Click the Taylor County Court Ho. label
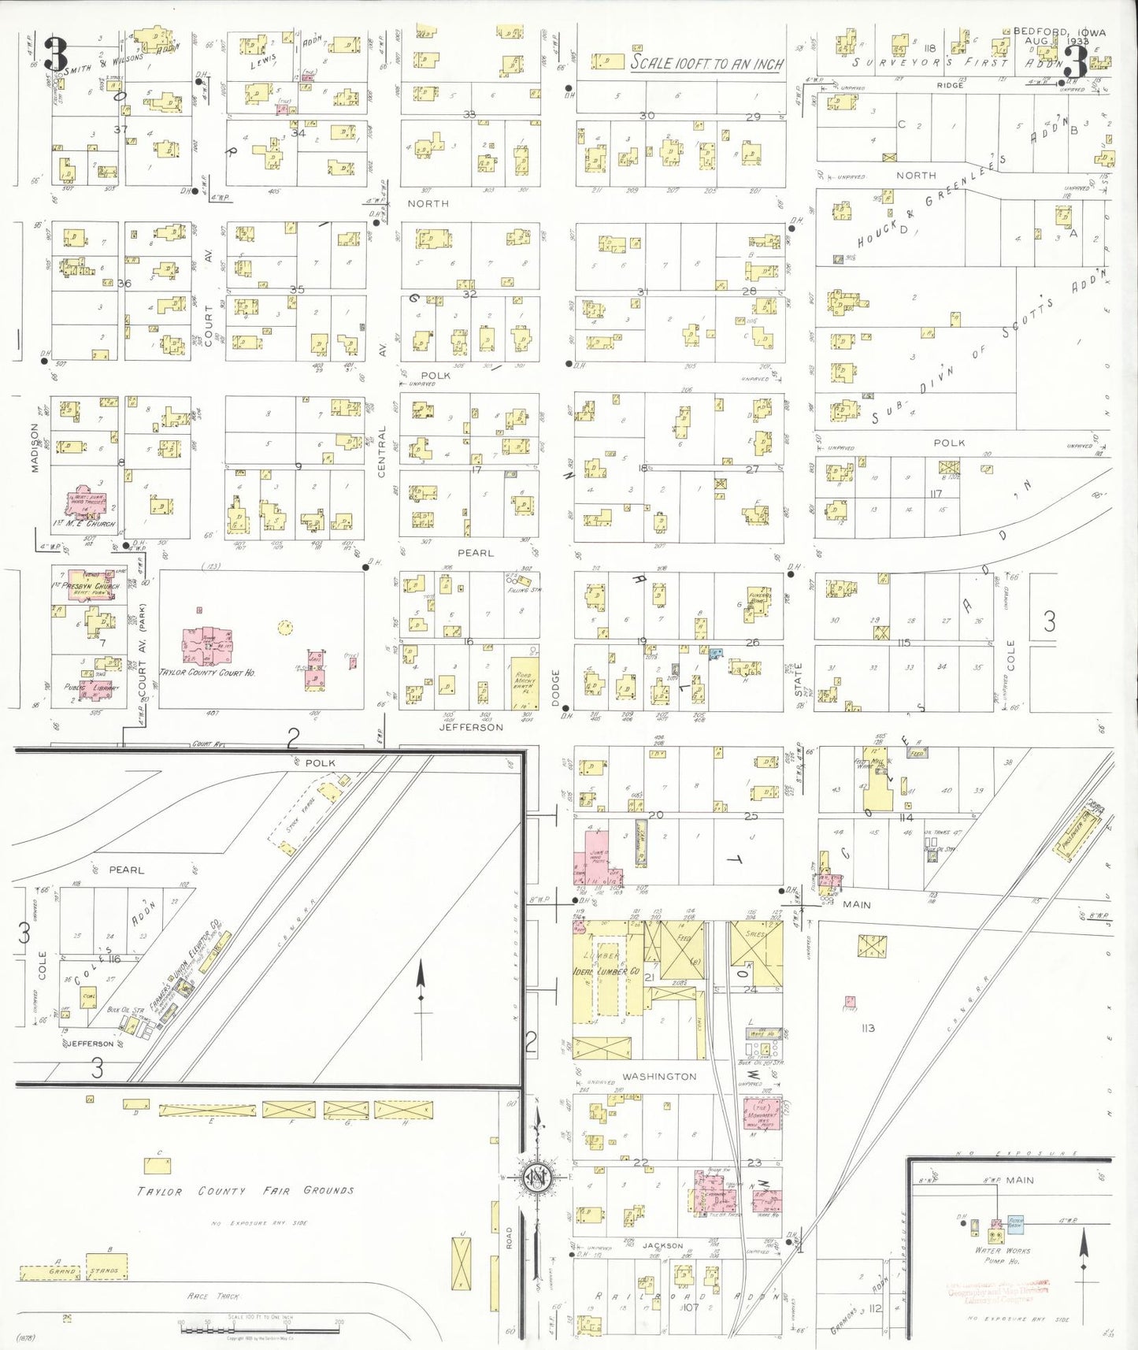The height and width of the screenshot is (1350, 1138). coord(207,673)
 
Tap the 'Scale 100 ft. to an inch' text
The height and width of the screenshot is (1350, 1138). coord(706,64)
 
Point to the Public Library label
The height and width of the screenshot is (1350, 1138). coord(91,687)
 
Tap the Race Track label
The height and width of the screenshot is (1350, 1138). coord(213,1296)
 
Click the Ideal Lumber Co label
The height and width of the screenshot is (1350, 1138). coord(606,971)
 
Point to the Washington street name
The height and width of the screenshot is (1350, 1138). coord(659,1076)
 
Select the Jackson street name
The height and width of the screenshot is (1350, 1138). coord(662,1245)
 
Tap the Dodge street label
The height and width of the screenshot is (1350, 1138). coord(555,688)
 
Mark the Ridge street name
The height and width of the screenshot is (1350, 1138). coord(950,84)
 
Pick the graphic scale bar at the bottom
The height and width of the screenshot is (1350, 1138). coord(260,1329)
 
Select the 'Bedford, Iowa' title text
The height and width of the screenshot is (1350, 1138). coord(1058,32)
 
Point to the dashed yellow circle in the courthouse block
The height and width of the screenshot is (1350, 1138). coord(285,627)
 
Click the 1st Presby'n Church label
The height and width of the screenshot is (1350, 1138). coord(86,586)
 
